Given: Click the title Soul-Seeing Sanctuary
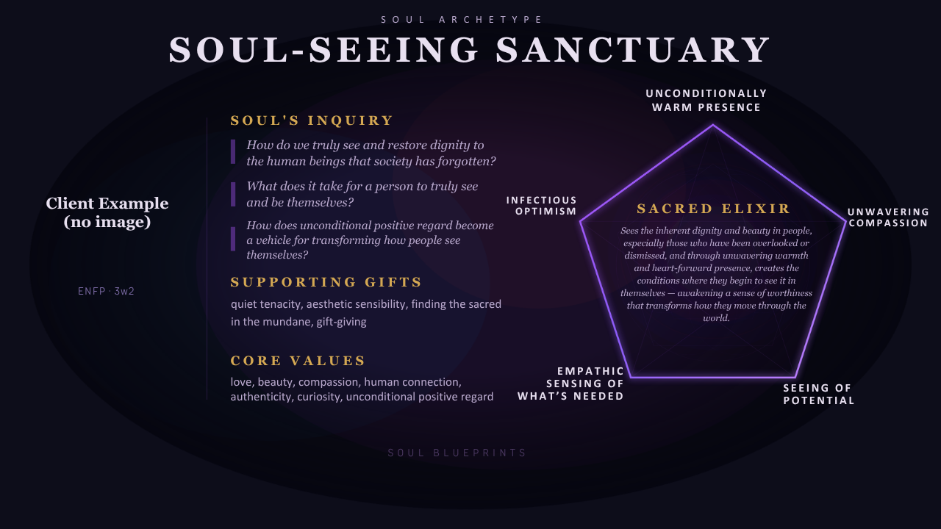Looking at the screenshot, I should (470, 50).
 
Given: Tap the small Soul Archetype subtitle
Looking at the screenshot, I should (462, 20).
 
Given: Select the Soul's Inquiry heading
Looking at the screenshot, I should (312, 120).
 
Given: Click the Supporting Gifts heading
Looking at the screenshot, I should (326, 282).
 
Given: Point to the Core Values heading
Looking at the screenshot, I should (298, 361).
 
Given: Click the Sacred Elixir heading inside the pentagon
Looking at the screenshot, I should (714, 209).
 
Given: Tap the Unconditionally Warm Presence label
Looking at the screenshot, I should (706, 101).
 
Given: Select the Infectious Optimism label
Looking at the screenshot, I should (542, 206).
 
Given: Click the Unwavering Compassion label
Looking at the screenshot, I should (888, 217).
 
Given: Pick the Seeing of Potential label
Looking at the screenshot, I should (818, 395).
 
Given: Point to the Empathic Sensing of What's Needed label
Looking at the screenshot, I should (570, 384).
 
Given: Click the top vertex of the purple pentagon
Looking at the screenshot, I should (712, 126).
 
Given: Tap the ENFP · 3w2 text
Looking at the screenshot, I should (106, 292).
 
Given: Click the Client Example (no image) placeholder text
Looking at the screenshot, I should (107, 212).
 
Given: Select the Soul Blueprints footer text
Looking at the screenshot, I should (457, 453).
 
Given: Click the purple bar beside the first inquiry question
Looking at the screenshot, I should (233, 152).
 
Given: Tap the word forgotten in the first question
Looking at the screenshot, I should (469, 161).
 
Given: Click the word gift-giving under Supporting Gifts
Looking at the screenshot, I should (341, 322).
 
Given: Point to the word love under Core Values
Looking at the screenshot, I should (240, 382).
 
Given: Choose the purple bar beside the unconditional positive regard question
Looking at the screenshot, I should (233, 239).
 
